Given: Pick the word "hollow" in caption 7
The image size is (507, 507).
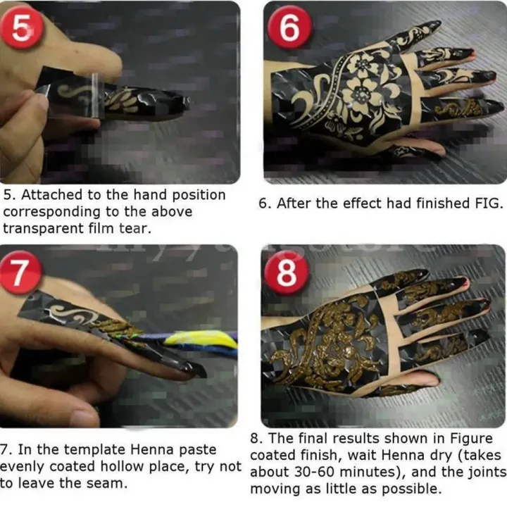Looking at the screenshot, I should click(x=126, y=466).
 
